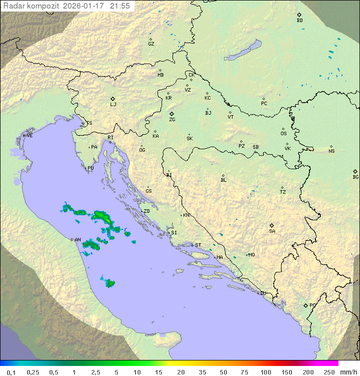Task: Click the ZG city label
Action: (x=172, y=120)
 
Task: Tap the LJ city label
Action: (x=113, y=105)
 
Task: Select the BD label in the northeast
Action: (x=299, y=21)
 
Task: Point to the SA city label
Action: (x=272, y=231)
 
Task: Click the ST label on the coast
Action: (x=198, y=245)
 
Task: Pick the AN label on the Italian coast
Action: (x=77, y=240)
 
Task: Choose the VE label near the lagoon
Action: (x=29, y=136)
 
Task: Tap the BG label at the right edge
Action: (x=355, y=177)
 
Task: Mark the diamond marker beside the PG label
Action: (x=305, y=305)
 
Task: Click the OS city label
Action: (x=283, y=134)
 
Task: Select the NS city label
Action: (x=331, y=151)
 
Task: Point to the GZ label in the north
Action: (x=151, y=44)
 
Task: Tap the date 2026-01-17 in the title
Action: (x=86, y=6)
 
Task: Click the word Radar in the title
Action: (x=13, y=6)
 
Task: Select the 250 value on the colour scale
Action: (x=329, y=372)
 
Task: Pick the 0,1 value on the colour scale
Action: (x=11, y=372)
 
